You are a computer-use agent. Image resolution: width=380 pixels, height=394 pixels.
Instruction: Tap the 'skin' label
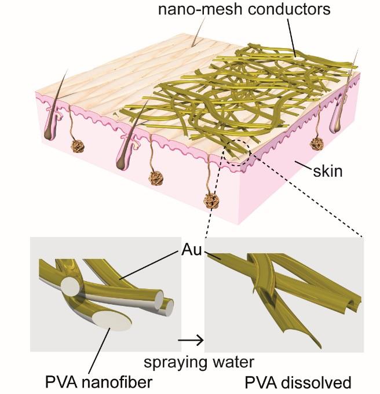tap(327, 172)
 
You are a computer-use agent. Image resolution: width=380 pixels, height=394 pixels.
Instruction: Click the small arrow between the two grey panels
tap(196, 341)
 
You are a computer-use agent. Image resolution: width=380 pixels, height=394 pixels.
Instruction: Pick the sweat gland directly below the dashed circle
tap(211, 201)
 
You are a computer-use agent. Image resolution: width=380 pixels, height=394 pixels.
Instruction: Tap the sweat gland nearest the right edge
tap(317, 143)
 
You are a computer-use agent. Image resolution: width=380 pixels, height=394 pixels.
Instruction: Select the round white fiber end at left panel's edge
tap(69, 286)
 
